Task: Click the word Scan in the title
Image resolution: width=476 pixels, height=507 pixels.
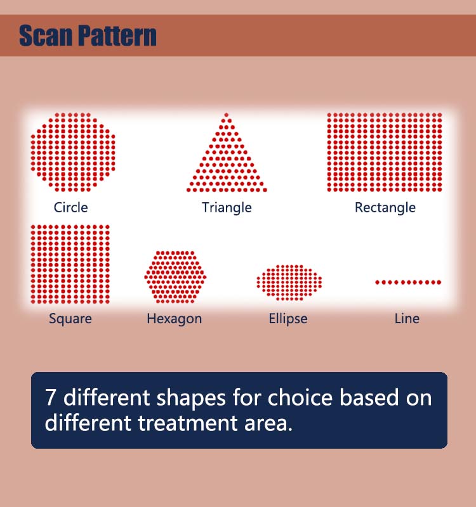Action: click(x=45, y=35)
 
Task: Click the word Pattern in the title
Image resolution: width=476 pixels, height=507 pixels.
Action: click(x=117, y=35)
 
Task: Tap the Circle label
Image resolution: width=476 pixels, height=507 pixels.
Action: click(x=70, y=207)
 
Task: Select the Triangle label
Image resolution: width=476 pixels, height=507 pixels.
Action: click(x=227, y=208)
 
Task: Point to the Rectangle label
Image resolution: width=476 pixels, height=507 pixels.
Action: click(x=385, y=208)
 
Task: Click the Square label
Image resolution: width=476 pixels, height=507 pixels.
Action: click(x=70, y=319)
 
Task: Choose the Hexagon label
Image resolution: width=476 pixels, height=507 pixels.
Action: click(x=174, y=319)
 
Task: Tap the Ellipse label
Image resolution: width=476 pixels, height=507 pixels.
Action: click(x=288, y=319)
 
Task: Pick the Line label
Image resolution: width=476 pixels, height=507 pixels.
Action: click(x=407, y=319)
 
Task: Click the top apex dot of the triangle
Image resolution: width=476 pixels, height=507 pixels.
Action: click(x=227, y=115)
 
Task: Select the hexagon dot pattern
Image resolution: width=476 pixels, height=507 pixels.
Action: click(x=175, y=277)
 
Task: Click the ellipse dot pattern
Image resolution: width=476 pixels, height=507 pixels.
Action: click(x=289, y=282)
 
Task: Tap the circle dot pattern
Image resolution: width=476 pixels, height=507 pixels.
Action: click(x=73, y=152)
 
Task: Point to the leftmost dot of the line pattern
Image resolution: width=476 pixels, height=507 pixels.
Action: click(x=377, y=282)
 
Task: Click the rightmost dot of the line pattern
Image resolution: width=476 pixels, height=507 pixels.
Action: click(x=439, y=282)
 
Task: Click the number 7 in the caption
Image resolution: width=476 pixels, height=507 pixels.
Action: click(x=50, y=397)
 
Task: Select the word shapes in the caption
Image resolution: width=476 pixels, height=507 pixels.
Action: click(x=191, y=399)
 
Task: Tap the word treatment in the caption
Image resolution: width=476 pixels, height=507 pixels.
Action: click(x=188, y=423)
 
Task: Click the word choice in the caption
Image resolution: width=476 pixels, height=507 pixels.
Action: click(x=300, y=397)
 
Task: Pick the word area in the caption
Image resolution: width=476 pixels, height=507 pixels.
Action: click(x=268, y=424)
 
